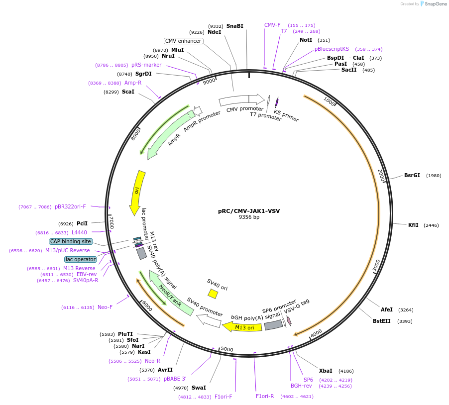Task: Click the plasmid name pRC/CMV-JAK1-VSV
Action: [249, 211]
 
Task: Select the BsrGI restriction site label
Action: [412, 175]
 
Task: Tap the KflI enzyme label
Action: [413, 225]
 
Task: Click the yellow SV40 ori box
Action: [213, 294]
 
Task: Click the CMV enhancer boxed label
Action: [183, 41]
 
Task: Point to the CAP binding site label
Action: [70, 241]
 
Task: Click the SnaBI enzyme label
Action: [235, 26]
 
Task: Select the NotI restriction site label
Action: [306, 40]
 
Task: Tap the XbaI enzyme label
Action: [326, 371]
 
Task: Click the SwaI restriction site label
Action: [199, 388]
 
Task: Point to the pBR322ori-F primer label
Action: [70, 206]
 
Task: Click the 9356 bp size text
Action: [249, 217]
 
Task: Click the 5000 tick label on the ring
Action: [227, 349]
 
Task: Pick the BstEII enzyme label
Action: [382, 321]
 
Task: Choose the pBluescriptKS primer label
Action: [332, 49]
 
